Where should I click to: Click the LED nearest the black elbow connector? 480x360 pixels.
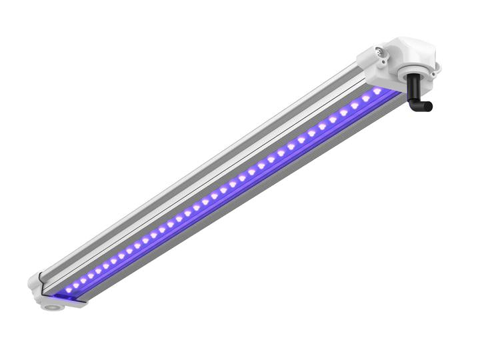[377, 91]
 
